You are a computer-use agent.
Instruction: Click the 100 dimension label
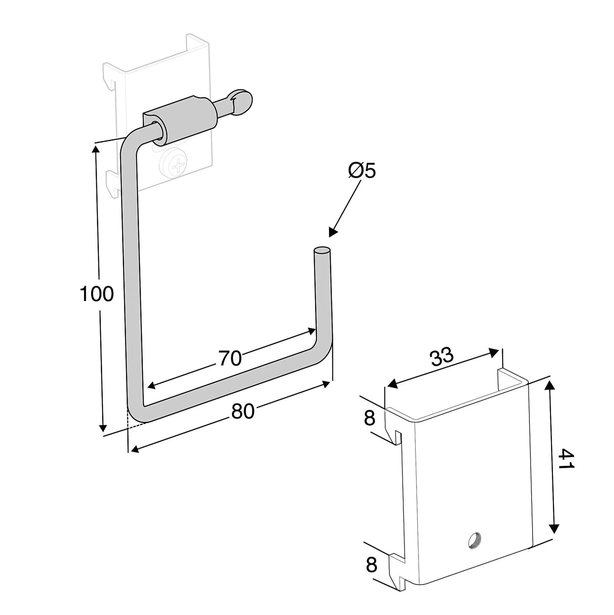click(x=97, y=294)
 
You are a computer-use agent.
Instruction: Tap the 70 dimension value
click(x=231, y=358)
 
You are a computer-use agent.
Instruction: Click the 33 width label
click(x=442, y=356)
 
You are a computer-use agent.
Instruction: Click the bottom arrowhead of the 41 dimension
click(x=554, y=529)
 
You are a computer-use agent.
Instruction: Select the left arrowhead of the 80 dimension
click(x=135, y=449)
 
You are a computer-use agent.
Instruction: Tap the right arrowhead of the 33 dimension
click(x=493, y=353)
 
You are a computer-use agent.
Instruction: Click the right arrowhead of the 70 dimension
click(x=310, y=331)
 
